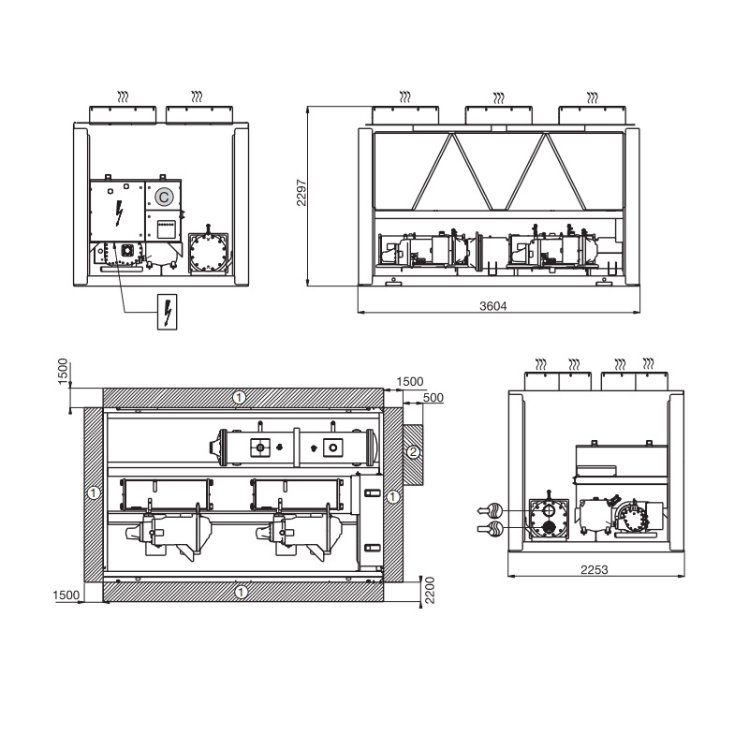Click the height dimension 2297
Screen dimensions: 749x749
pyautogui.click(x=301, y=193)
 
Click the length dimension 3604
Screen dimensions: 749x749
pyautogui.click(x=493, y=306)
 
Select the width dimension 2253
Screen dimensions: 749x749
pyautogui.click(x=595, y=569)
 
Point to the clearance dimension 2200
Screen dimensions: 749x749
pyautogui.click(x=430, y=591)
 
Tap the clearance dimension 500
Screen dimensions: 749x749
pyautogui.click(x=433, y=397)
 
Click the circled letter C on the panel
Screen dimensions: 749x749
pyautogui.click(x=164, y=197)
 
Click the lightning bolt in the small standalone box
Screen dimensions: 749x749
pyautogui.click(x=168, y=312)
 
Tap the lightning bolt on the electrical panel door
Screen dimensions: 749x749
pyautogui.click(x=119, y=213)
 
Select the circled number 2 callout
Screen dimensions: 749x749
pyautogui.click(x=414, y=451)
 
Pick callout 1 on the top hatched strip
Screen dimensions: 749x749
pyautogui.click(x=239, y=397)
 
